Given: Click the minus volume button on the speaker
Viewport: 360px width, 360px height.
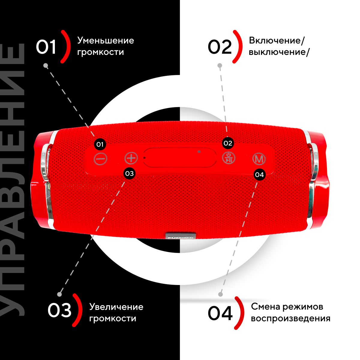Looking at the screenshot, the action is (100, 159).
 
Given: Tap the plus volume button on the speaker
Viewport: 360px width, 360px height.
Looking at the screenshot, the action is (131, 158).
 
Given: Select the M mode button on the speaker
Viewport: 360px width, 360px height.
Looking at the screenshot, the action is (259, 159).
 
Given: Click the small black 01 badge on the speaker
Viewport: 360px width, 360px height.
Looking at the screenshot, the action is (100, 144).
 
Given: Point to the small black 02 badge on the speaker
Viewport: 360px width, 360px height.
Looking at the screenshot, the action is (228, 143).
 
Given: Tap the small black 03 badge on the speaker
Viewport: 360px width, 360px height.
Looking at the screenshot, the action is (129, 174).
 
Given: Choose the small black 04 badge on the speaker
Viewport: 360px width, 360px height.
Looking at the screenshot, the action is (259, 175).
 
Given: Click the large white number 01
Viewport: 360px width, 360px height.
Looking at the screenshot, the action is (46, 47).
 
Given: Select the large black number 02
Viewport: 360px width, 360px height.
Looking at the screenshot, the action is (220, 47).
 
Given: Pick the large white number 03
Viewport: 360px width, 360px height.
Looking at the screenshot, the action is (59, 310).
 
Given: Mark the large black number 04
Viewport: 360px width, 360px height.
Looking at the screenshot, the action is (220, 313).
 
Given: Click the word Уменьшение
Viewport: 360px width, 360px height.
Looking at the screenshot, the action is (106, 40).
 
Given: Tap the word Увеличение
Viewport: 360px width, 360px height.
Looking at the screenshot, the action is (116, 307).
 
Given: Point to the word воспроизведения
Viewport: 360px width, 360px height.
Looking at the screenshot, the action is (290, 319).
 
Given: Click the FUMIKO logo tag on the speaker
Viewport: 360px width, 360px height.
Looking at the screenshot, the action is (181, 236).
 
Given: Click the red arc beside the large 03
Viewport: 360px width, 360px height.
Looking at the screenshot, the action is (78, 310).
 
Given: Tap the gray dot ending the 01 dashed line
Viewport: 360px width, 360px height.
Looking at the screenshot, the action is (46, 65).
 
